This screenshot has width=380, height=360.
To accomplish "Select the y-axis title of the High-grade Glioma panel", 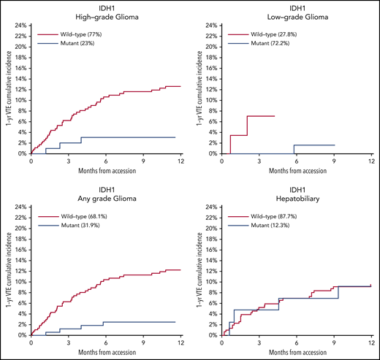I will pos(7,89).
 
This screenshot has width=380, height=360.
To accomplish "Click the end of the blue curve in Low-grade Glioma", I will pos(335,145).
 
